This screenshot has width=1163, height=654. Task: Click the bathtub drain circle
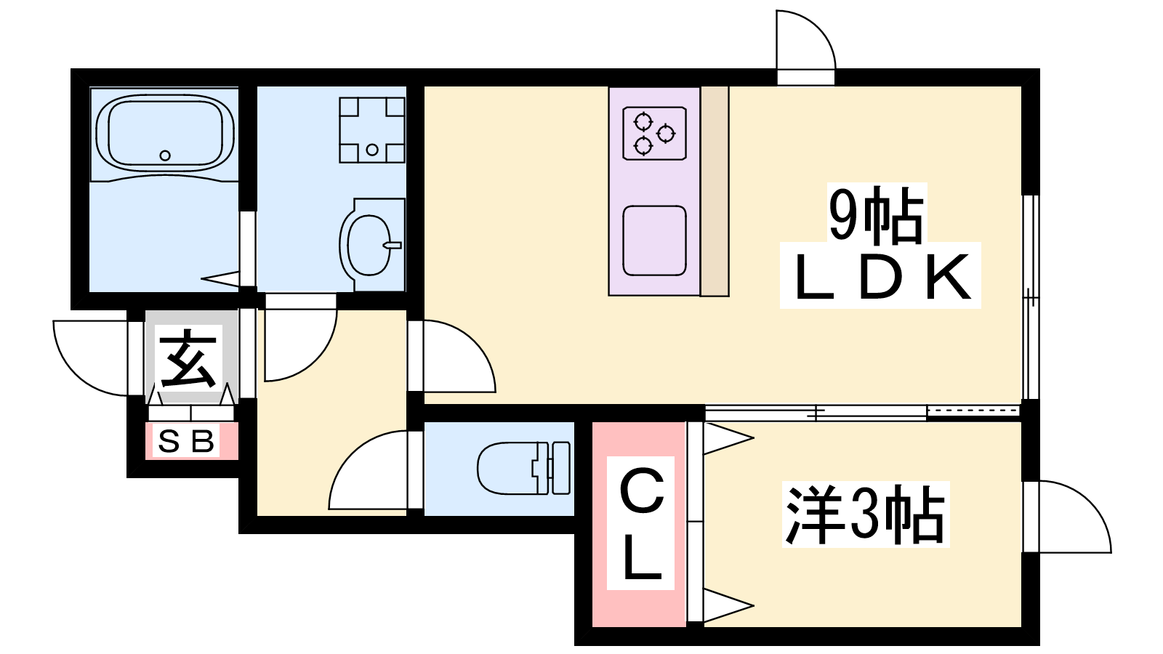coord(165,156)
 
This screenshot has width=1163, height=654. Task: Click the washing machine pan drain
coord(371,150)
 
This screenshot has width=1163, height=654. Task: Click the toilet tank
coord(560,469)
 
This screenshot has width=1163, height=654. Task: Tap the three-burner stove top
coord(655,134)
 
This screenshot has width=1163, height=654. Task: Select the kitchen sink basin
coord(655,241)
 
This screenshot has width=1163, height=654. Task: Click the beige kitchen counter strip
coord(715,191)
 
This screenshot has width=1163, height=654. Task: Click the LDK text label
coord(880,277)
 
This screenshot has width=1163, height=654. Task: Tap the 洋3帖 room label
coord(865,514)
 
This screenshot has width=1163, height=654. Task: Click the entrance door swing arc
coord(90,358)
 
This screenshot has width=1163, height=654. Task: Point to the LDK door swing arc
coord(459,356)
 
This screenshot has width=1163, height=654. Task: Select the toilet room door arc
coord(368,469)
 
